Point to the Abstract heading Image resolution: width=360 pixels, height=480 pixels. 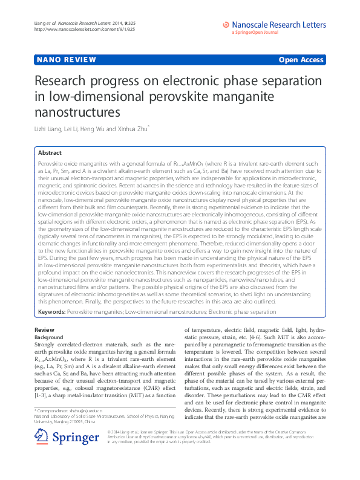[x=50, y=153]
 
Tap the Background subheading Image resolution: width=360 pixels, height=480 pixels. [x=49, y=337]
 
